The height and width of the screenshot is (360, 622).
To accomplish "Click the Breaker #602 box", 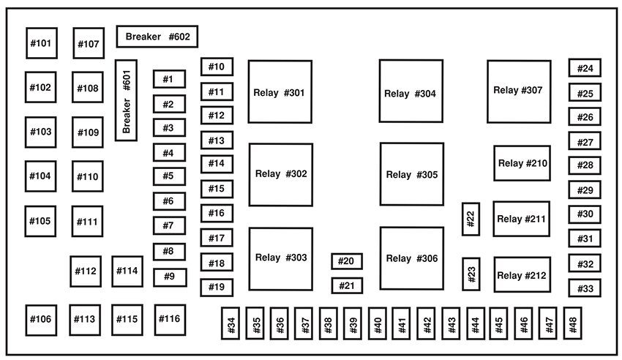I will click(x=157, y=36).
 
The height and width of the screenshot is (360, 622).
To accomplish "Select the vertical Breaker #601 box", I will click(x=126, y=100).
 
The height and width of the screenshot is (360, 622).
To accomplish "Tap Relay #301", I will click(x=280, y=92).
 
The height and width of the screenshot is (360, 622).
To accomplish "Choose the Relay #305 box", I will click(x=411, y=174).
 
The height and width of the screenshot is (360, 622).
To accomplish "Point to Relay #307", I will click(x=519, y=91).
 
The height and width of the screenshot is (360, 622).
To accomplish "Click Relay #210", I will click(x=522, y=163).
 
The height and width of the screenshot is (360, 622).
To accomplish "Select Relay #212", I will click(x=522, y=275).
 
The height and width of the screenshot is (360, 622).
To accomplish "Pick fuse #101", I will click(x=41, y=43).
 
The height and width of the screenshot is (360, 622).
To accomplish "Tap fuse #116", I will click(x=169, y=319).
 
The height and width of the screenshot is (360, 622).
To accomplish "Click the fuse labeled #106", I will click(x=41, y=320).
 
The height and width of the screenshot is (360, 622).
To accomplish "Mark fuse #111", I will click(x=87, y=221).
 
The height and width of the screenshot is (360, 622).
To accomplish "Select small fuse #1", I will click(x=169, y=79).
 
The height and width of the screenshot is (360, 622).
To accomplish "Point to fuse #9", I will click(x=169, y=277).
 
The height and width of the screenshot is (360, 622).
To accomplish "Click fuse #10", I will click(x=217, y=67).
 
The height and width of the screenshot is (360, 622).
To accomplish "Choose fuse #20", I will click(x=347, y=261).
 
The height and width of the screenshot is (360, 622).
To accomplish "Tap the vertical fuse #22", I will click(x=471, y=220).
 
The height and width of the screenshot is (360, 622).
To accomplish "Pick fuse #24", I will click(x=585, y=68).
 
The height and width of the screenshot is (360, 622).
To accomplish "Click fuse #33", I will click(x=585, y=288).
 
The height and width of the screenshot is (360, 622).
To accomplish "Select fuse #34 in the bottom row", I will click(x=231, y=323).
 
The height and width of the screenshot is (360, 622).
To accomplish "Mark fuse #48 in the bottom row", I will click(x=571, y=323).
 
